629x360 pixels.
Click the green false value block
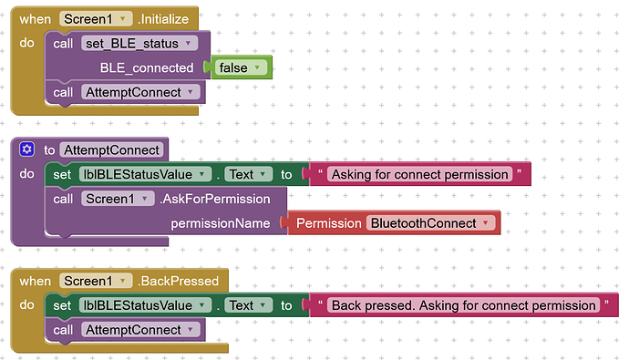coord(241,67)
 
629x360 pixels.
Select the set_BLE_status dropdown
coord(139,44)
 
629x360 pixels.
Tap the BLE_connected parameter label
coord(147,67)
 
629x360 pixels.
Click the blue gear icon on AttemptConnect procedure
coord(26,149)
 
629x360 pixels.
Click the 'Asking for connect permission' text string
coord(419,174)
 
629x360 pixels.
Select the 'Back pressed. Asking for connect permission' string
coord(463,305)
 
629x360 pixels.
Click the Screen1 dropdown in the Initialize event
coord(96,19)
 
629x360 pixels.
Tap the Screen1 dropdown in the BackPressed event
coord(96,281)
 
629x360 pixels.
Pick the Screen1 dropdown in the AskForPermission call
coord(118,199)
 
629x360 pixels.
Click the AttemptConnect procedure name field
coord(111,150)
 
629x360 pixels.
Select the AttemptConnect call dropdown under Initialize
coord(139,92)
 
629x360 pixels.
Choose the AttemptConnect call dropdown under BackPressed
coord(139,330)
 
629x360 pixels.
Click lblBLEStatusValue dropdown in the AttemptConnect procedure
coord(145,174)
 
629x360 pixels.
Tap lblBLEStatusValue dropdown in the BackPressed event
coord(145,305)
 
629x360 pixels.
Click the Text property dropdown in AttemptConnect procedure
coord(248,174)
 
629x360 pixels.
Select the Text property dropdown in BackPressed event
coord(248,305)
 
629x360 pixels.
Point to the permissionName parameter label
coord(221,223)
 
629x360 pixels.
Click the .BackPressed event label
coord(178,281)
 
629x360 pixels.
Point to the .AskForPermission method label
coord(214,199)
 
